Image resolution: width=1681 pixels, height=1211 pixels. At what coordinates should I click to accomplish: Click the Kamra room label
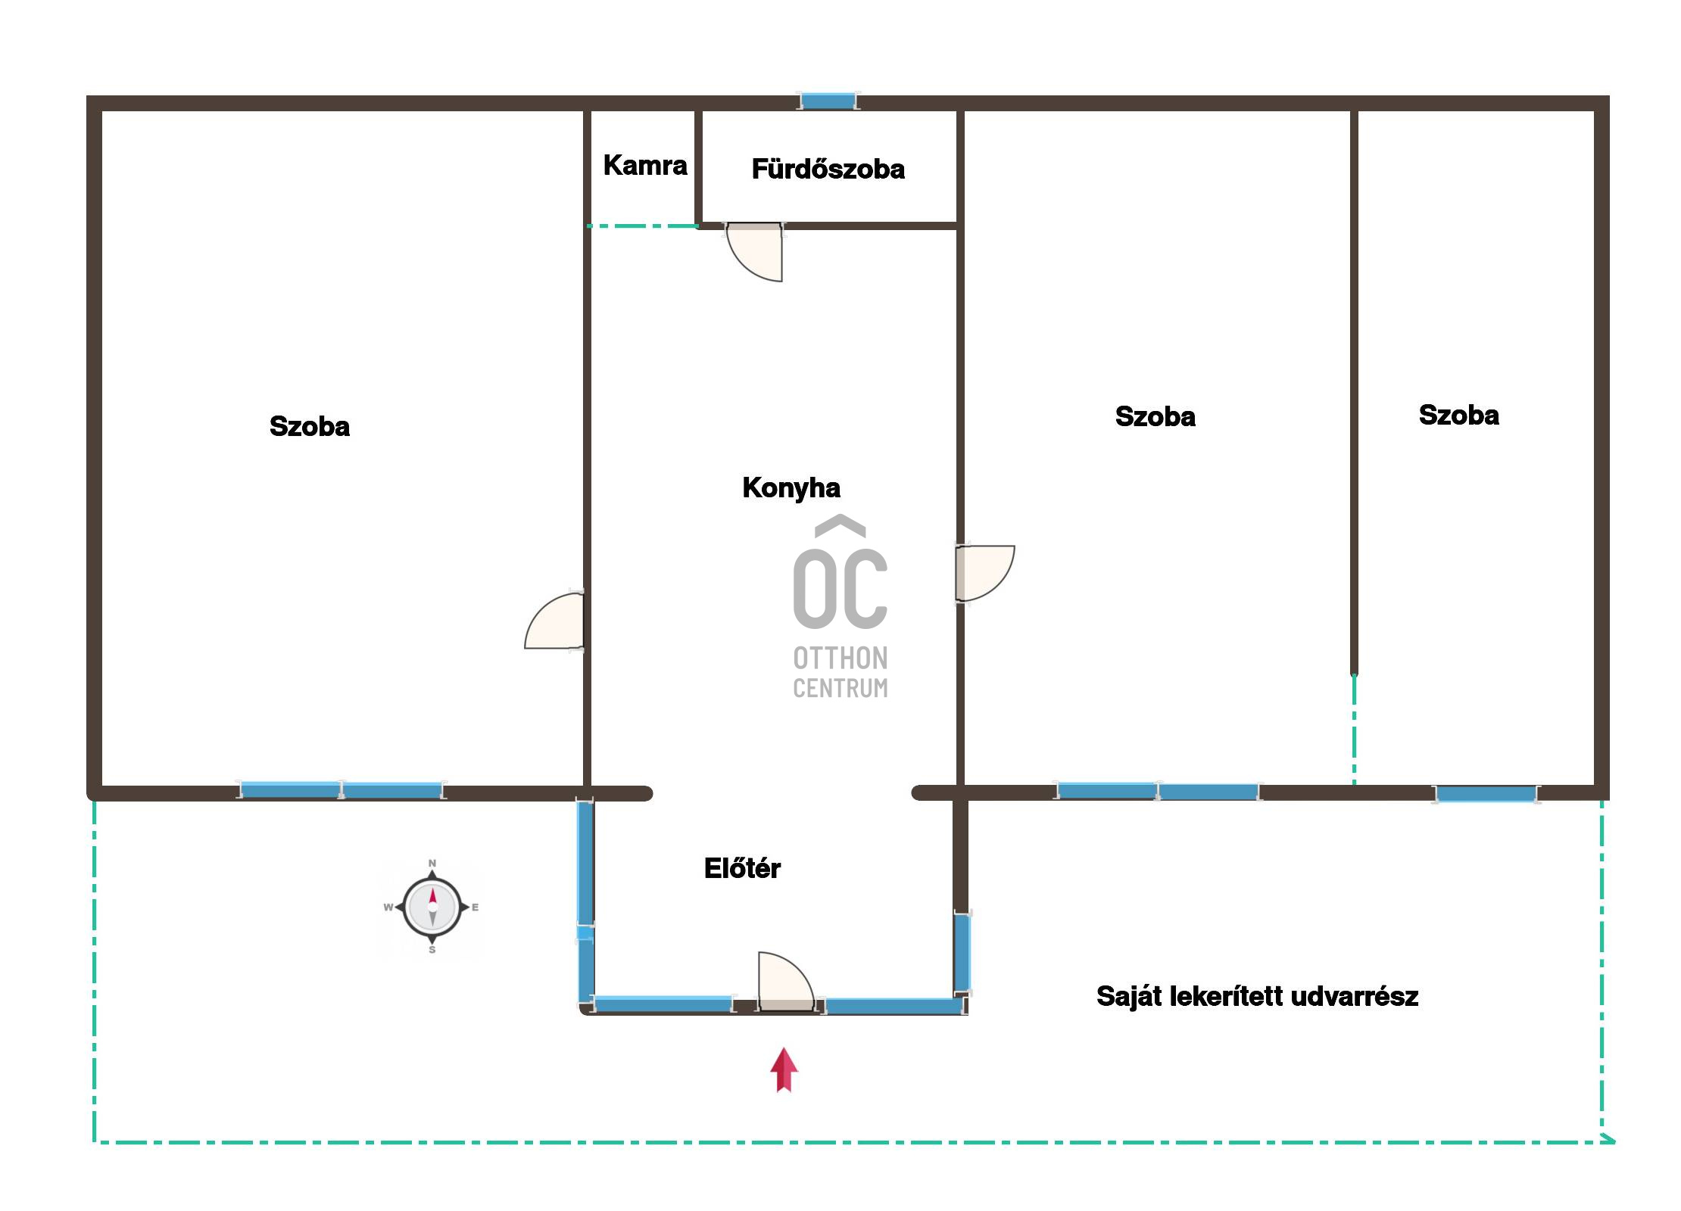645,165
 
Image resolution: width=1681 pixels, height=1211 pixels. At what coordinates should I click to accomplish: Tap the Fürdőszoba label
828,169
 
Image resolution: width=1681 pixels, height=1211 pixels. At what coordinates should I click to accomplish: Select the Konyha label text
791,488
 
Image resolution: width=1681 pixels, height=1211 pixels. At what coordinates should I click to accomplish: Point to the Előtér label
742,867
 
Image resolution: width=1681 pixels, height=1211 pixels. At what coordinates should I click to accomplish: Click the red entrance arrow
784,1070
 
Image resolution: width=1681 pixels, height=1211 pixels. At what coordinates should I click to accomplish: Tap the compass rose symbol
432,907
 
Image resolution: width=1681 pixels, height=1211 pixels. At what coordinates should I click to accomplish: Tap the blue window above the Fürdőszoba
828,101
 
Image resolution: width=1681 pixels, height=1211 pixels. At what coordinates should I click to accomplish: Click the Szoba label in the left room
310,426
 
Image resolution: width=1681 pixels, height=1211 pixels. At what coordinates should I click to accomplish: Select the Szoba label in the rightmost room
1458,415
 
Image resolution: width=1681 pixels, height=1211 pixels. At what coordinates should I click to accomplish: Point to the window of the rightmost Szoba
1486,794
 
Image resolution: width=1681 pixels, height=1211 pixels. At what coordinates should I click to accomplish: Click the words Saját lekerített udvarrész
1257,997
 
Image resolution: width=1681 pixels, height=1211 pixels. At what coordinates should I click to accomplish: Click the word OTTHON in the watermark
840,658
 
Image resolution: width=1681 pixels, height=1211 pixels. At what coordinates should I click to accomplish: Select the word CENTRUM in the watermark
840,688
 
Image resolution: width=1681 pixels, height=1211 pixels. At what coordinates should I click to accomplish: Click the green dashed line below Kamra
642,226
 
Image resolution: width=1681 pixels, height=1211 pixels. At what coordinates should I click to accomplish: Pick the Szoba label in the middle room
1155,416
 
